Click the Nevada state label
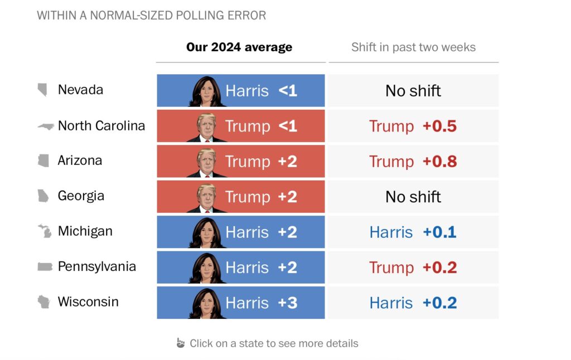pyautogui.click(x=80, y=90)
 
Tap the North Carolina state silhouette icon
pyautogui.click(x=45, y=126)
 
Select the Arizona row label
pyautogui.click(x=80, y=160)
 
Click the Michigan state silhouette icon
pyautogui.click(x=44, y=231)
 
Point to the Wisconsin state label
pyautogui.click(x=88, y=302)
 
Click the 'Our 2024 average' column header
pyautogui.click(x=239, y=47)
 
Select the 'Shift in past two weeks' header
pyautogui.click(x=413, y=47)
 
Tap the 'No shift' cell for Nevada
pyautogui.click(x=413, y=91)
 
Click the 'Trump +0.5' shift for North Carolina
pyautogui.click(x=413, y=126)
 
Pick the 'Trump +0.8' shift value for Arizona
pyautogui.click(x=413, y=162)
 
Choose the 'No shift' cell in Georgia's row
pyautogui.click(x=413, y=197)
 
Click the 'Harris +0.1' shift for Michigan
pyautogui.click(x=413, y=232)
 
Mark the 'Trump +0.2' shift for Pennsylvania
pyautogui.click(x=413, y=267)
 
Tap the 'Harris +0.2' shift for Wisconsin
pyautogui.click(x=413, y=303)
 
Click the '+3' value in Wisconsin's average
pyautogui.click(x=287, y=303)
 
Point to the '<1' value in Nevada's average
pyautogui.click(x=287, y=91)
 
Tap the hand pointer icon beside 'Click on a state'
pyautogui.click(x=180, y=343)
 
